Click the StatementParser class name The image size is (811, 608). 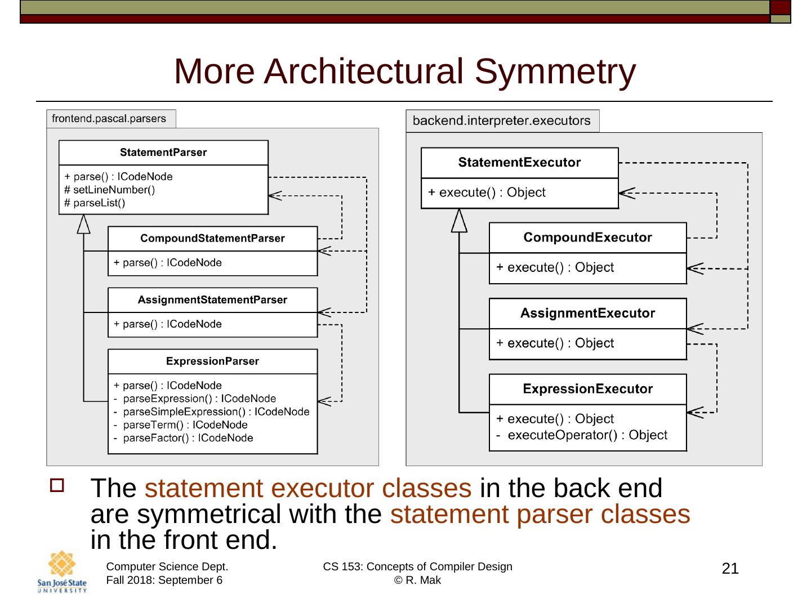pos(163,153)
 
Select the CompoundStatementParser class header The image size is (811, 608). pos(212,239)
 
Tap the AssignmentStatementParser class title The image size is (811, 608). pos(212,300)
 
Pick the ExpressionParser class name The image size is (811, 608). pos(212,361)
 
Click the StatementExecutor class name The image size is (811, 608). pos(519,163)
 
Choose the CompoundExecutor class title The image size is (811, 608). pos(587,238)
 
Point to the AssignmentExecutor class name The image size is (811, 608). pos(587,314)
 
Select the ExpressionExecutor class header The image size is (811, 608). pos(587,389)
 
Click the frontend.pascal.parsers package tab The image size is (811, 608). pos(109,119)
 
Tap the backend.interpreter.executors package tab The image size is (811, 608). pos(501,121)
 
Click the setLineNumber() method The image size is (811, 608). pos(110,190)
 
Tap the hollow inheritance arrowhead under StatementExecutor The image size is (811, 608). pos(460,221)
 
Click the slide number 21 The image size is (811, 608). pos(730,569)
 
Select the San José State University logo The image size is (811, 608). pos(62,573)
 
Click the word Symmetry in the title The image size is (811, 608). pos(555,71)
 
